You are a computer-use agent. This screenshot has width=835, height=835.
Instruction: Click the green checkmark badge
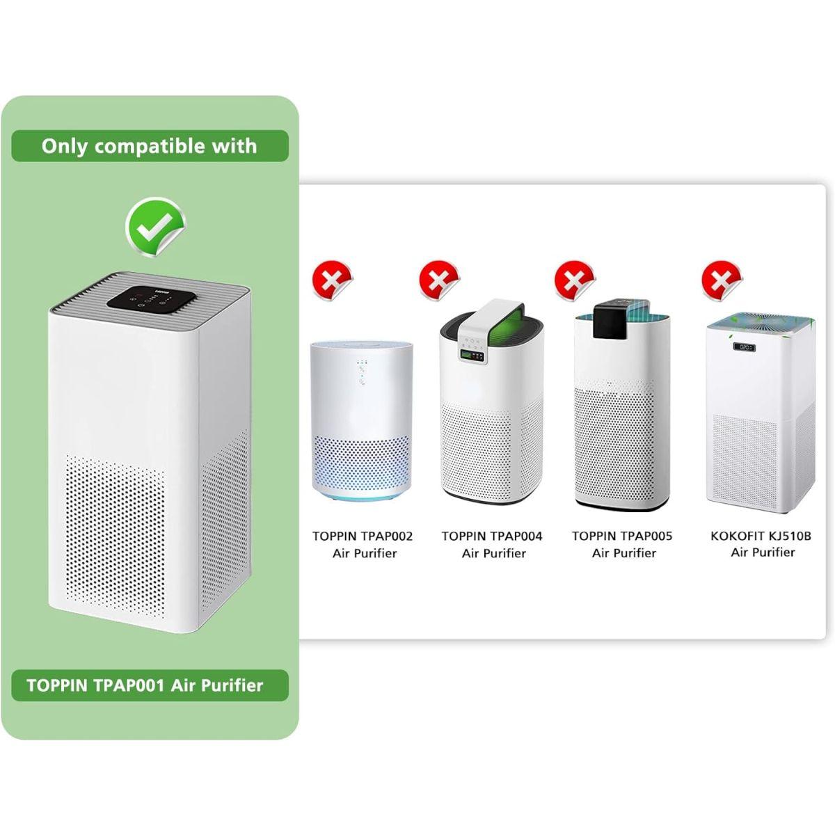pyautogui.click(x=155, y=227)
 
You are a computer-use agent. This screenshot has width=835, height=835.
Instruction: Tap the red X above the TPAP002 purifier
pyautogui.click(x=333, y=280)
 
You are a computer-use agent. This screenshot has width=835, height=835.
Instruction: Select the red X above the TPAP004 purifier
pyautogui.click(x=439, y=280)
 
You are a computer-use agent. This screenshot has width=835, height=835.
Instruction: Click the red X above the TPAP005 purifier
pyautogui.click(x=575, y=280)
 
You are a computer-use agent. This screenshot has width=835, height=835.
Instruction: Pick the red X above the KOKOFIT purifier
pyautogui.click(x=722, y=280)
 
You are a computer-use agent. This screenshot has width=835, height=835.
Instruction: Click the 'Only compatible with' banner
pyautogui.click(x=150, y=146)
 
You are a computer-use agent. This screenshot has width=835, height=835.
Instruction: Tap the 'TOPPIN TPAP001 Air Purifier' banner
pyautogui.click(x=150, y=685)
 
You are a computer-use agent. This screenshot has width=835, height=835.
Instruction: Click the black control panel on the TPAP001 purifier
pyautogui.click(x=150, y=299)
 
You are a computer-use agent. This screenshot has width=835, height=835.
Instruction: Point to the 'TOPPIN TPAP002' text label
pyautogui.click(x=363, y=536)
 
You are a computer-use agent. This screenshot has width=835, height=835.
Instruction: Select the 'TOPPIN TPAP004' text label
pyautogui.click(x=492, y=536)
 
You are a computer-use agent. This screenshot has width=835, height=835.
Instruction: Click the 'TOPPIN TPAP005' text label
pyautogui.click(x=622, y=536)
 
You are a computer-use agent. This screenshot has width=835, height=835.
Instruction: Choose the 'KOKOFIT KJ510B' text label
pyautogui.click(x=761, y=536)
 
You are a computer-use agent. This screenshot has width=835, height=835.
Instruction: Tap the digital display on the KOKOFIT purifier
pyautogui.click(x=744, y=347)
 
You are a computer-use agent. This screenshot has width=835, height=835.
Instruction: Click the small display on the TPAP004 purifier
pyautogui.click(x=472, y=356)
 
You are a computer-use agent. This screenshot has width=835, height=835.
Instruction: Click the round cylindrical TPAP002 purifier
pyautogui.click(x=361, y=421)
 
